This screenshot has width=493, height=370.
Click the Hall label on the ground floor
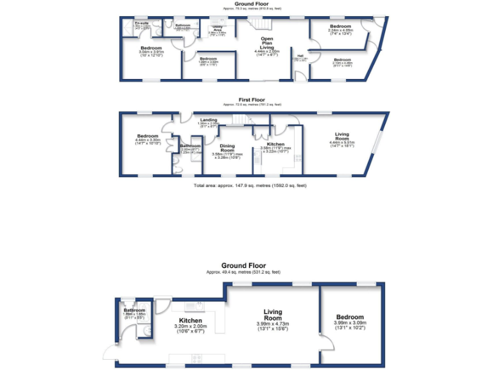(x=300, y=57)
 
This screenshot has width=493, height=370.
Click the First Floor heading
(x=252, y=100)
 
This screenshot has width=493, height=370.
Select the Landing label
(x=208, y=119)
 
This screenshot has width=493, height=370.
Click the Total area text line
(x=250, y=186)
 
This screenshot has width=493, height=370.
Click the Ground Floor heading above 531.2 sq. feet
(x=243, y=265)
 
